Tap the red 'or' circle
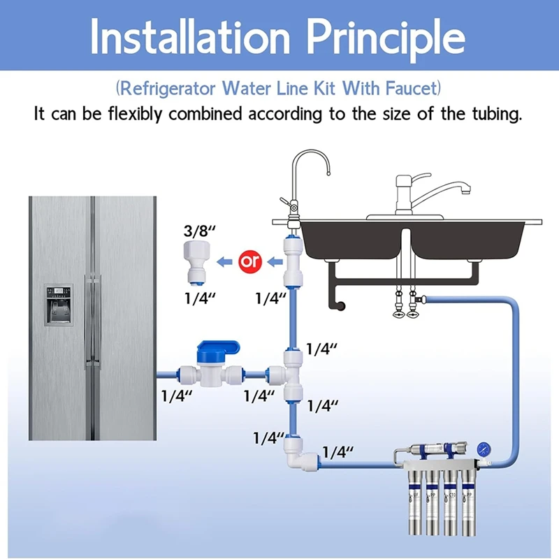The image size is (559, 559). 249,262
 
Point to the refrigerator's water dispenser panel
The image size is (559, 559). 59,304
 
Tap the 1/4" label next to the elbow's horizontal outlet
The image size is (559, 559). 338,452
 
